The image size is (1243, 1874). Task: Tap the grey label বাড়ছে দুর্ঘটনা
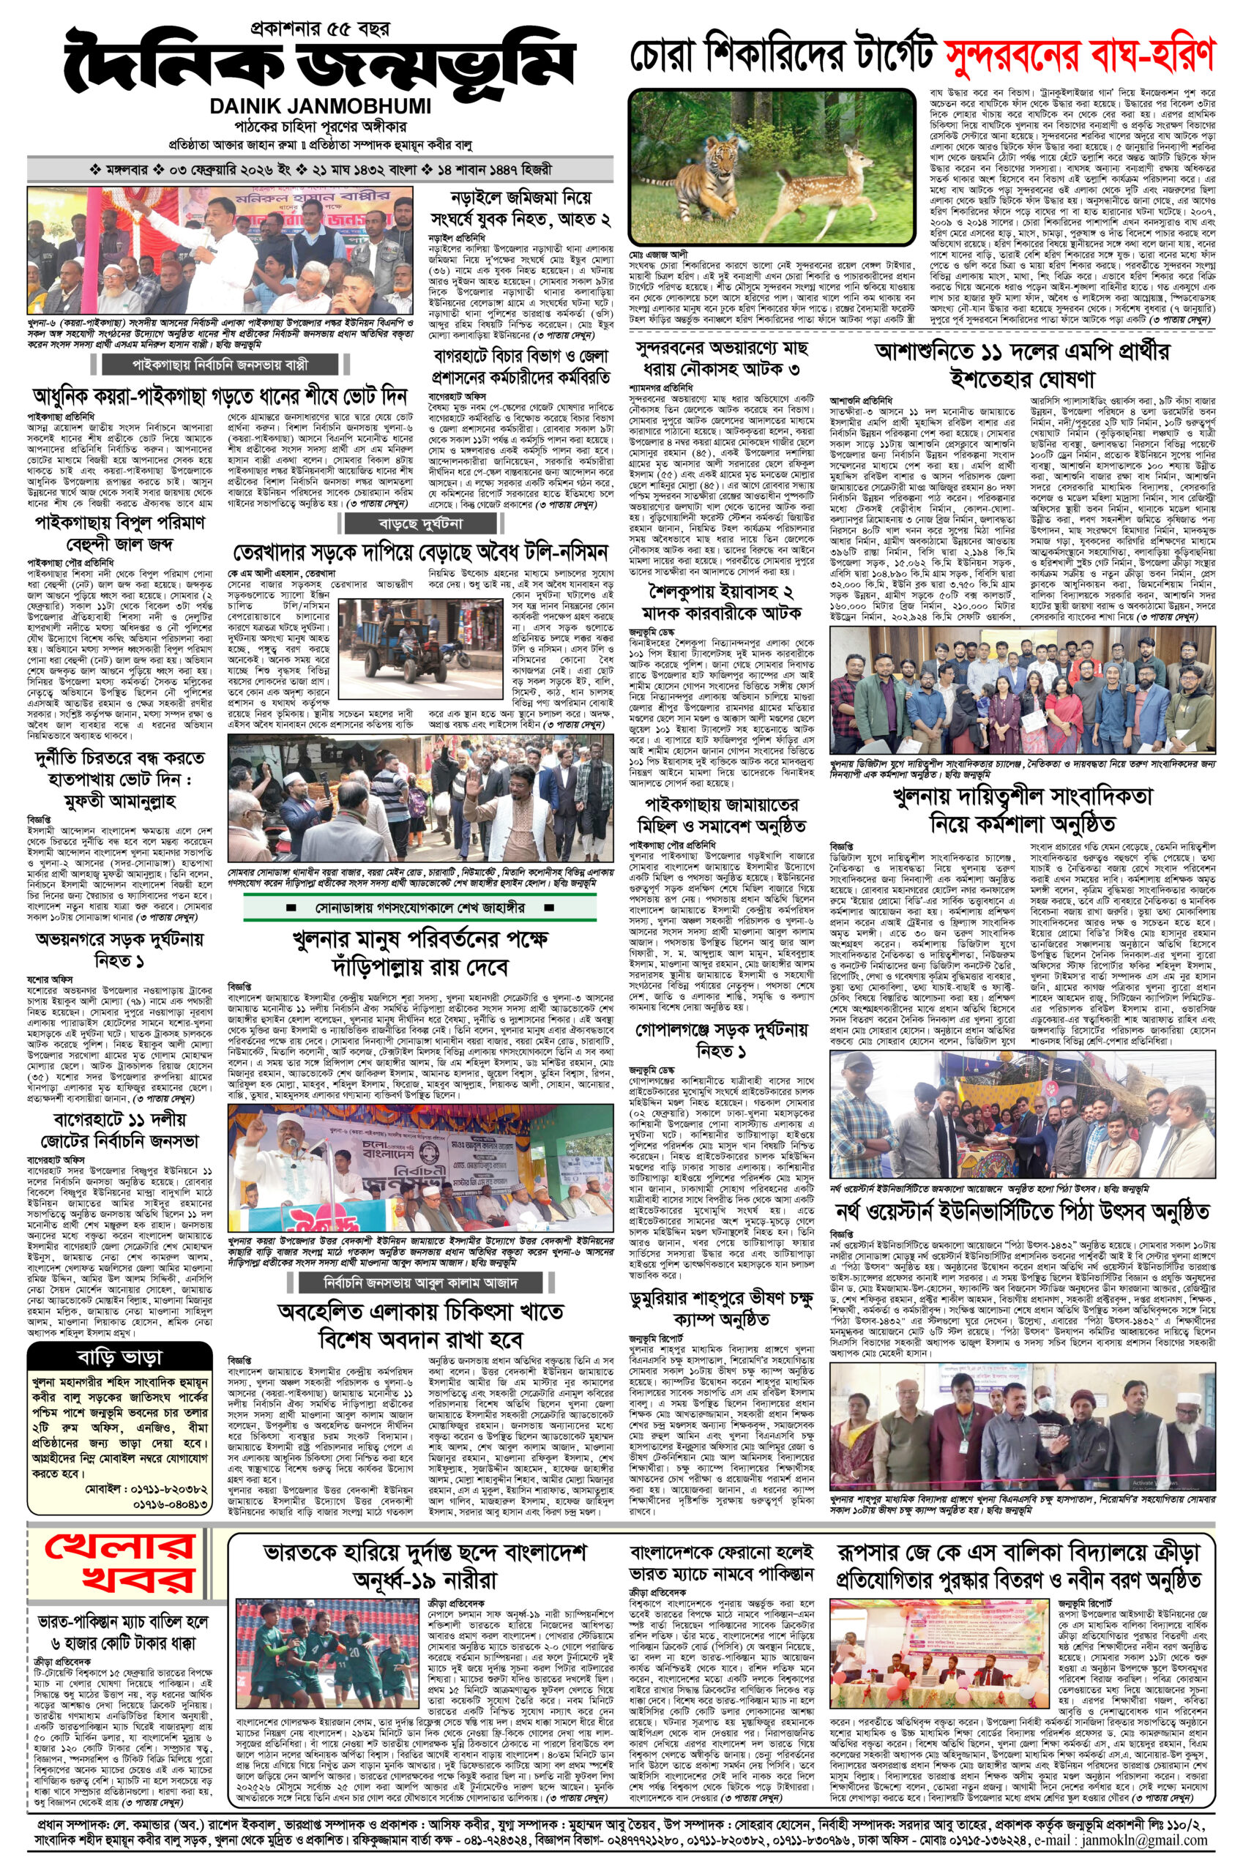[x=436, y=524]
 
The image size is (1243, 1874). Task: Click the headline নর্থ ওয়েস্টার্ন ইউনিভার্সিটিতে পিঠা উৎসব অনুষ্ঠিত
[x=1022, y=1212]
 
